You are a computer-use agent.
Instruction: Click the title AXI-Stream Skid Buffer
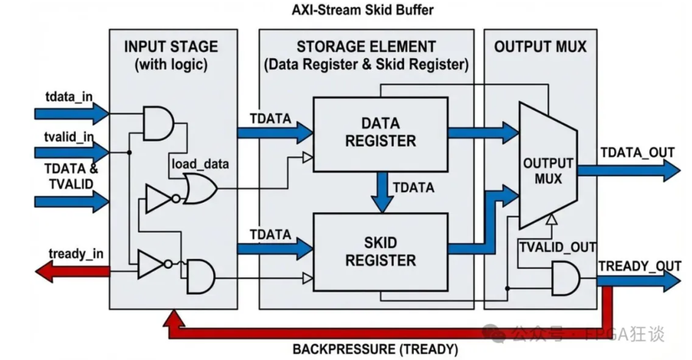362,10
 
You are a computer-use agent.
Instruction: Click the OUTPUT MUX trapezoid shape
548,166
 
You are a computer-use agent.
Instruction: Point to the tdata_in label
69,97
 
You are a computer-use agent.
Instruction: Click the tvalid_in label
69,136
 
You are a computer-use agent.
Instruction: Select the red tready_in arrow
72,272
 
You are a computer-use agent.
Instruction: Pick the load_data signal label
200,164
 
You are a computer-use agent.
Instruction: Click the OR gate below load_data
200,189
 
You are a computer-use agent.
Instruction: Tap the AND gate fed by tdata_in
159,124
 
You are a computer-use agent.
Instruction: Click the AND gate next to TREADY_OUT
565,278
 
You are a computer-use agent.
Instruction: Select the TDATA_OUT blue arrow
628,170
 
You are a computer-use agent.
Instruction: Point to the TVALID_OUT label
558,247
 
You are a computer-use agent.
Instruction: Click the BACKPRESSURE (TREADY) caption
375,349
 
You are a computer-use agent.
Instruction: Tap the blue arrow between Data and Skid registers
383,192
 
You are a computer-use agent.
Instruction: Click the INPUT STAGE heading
171,47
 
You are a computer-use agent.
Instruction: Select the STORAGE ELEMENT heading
366,47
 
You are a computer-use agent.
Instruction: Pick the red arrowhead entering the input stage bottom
174,318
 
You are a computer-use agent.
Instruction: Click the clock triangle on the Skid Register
307,278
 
